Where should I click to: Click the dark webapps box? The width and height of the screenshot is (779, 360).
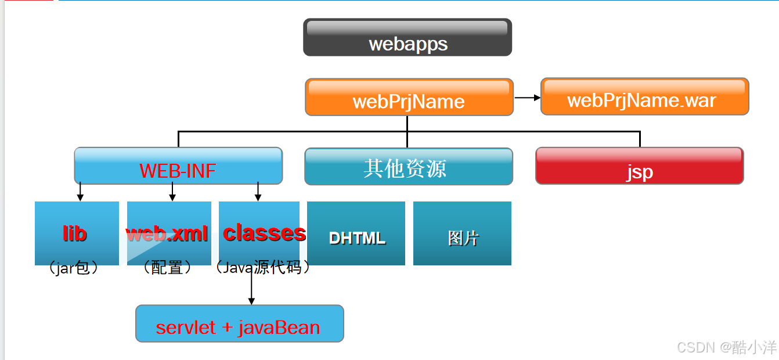pyautogui.click(x=407, y=38)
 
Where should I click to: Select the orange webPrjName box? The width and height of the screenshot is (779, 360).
pyautogui.click(x=409, y=97)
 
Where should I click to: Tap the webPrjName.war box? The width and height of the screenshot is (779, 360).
pyautogui.click(x=644, y=96)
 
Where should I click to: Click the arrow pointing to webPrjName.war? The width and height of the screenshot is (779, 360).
pyautogui.click(x=527, y=98)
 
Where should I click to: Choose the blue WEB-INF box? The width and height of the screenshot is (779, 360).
pyautogui.click(x=178, y=166)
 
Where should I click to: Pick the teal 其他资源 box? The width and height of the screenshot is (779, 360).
pyautogui.click(x=409, y=167)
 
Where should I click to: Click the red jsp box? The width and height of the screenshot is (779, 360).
pyautogui.click(x=639, y=166)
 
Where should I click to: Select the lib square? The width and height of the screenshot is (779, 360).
pyautogui.click(x=77, y=233)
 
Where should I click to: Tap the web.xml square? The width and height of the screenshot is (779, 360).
pyautogui.click(x=169, y=233)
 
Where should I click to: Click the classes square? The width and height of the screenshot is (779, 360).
pyautogui.click(x=259, y=233)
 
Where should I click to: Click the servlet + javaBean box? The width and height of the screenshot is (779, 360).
pyautogui.click(x=239, y=323)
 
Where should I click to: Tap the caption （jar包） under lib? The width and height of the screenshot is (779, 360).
pyautogui.click(x=74, y=268)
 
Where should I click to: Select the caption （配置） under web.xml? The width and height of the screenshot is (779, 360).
pyautogui.click(x=167, y=268)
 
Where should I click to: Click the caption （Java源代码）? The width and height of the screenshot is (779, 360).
pyautogui.click(x=262, y=268)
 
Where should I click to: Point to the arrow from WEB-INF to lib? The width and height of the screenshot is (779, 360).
pyautogui.click(x=80, y=192)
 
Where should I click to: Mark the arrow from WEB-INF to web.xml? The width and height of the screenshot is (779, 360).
pyautogui.click(x=172, y=192)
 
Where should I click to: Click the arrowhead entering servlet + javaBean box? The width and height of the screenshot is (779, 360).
pyautogui.click(x=251, y=300)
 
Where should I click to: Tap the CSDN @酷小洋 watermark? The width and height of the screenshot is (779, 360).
pyautogui.click(x=726, y=347)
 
